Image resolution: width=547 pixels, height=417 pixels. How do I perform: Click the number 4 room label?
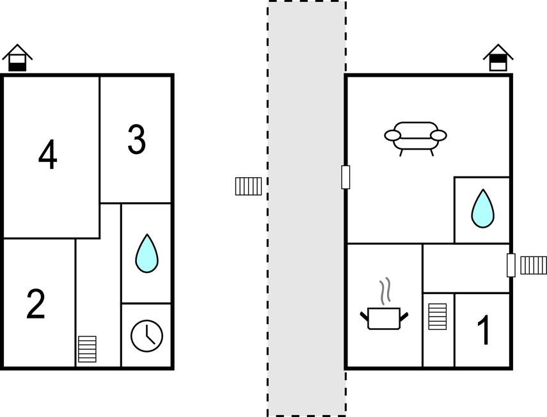(47, 155)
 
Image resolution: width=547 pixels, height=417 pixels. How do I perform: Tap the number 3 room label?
(136, 139)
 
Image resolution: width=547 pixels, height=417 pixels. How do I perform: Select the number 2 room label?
(36, 304)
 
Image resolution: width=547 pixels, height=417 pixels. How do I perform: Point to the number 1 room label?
(484, 329)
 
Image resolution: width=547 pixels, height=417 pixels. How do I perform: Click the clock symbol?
(147, 336)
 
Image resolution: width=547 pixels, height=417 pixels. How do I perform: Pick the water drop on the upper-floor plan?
(147, 253)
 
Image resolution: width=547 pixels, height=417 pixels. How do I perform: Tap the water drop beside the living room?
(483, 208)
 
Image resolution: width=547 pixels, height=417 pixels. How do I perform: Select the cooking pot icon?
(384, 318)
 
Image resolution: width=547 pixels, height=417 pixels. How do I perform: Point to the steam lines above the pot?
(384, 291)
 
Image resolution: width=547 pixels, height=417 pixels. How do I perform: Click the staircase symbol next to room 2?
(87, 349)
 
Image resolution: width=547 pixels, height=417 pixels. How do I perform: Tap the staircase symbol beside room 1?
(438, 317)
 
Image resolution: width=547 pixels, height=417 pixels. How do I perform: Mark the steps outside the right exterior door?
(534, 265)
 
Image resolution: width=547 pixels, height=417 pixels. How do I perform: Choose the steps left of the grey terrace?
(248, 186)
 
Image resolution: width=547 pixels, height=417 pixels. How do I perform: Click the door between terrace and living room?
(345, 177)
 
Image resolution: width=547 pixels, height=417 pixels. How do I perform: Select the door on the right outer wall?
(511, 265)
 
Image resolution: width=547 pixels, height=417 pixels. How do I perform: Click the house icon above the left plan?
(17, 58)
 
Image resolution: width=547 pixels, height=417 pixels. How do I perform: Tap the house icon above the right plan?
(498, 58)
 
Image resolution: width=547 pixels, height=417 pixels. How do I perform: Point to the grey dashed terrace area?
(307, 208)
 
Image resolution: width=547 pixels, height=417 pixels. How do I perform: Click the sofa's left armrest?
(393, 135)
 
